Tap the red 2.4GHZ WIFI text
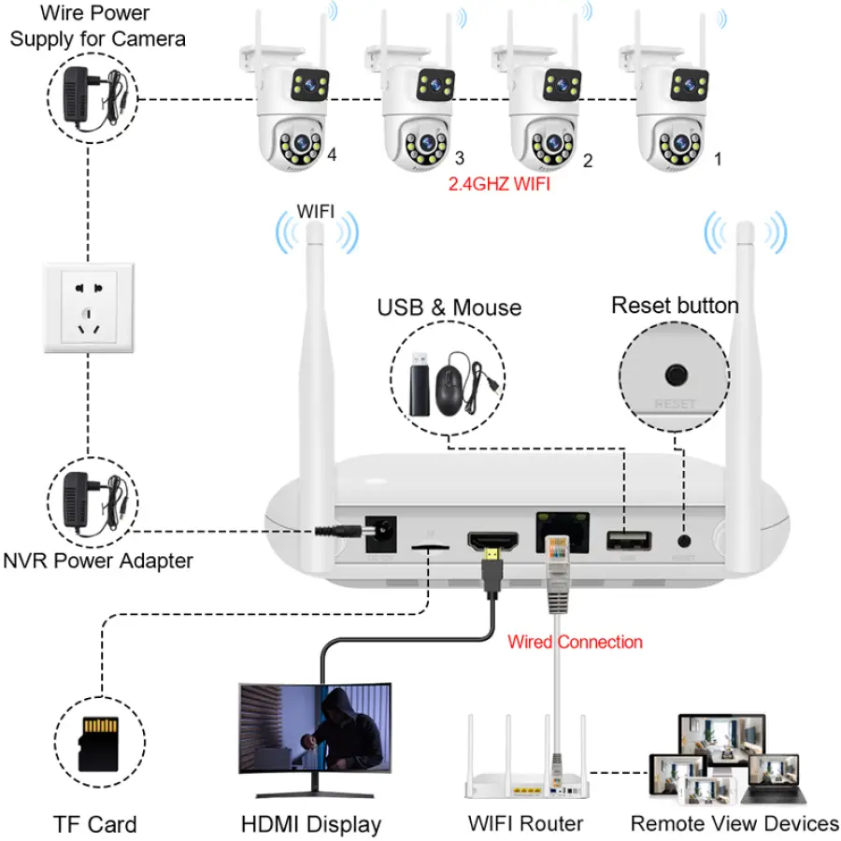(x=501, y=184)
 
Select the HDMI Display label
(x=311, y=824)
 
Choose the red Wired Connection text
(x=575, y=642)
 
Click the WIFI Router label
(x=525, y=824)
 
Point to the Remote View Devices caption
(x=734, y=823)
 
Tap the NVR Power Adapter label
(x=98, y=561)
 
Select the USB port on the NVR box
(x=624, y=540)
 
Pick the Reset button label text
(x=675, y=306)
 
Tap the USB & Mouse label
(x=449, y=307)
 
